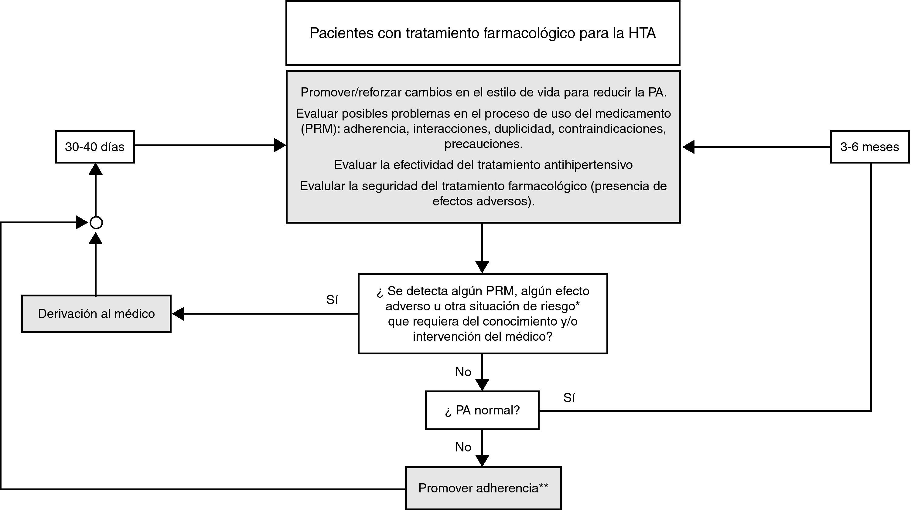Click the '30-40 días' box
95,147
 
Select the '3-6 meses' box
869,147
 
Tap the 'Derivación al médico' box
96,314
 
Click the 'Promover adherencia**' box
483,488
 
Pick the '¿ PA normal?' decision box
482,410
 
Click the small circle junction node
96,223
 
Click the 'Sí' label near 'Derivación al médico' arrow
332,300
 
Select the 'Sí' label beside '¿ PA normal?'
569,398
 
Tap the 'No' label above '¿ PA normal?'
463,372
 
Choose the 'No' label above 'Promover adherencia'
463,447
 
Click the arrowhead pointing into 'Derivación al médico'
178,314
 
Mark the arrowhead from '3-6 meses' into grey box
688,147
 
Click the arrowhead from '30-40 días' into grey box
280,145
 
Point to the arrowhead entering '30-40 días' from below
95,169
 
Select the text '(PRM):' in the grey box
320,129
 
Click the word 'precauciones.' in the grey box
483,144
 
